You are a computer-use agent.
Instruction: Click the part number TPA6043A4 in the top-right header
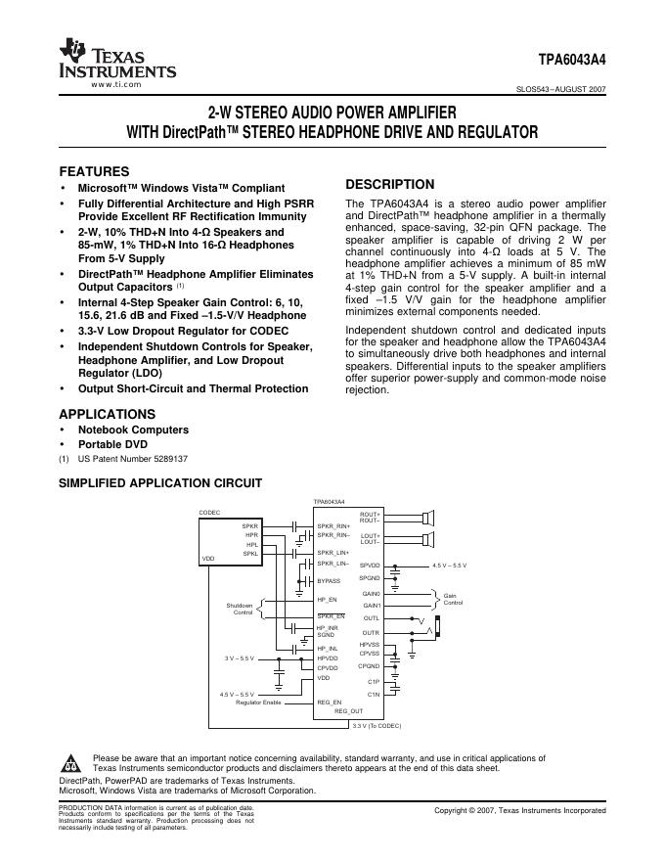click(572, 59)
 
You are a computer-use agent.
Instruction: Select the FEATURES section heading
click(94, 170)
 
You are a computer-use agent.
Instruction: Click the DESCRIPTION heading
click(390, 184)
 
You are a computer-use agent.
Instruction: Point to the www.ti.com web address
click(116, 85)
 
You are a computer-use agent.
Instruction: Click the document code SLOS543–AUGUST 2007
click(560, 88)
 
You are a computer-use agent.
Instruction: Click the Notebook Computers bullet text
click(133, 430)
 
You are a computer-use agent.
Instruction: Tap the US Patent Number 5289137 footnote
click(133, 458)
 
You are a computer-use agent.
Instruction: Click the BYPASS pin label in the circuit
click(329, 581)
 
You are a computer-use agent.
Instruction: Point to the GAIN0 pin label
click(371, 594)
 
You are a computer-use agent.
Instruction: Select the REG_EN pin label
click(330, 702)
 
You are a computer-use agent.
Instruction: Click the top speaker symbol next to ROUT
click(428, 516)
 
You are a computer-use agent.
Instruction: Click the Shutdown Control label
click(240, 609)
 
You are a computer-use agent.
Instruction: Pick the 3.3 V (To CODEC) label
click(377, 725)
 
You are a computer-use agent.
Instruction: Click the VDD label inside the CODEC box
click(208, 559)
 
